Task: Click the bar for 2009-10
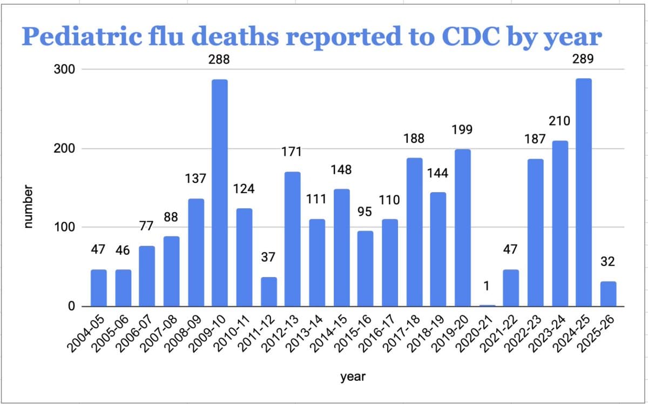point(220,193)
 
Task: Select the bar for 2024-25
point(584,193)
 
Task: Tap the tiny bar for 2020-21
point(487,306)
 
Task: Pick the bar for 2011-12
point(268,292)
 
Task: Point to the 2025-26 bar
point(608,294)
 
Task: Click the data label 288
point(219,61)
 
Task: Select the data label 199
point(462,130)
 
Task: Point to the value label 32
point(608,262)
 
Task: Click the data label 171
point(292,152)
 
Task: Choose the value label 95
point(366,211)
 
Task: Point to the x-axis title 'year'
point(353,377)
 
